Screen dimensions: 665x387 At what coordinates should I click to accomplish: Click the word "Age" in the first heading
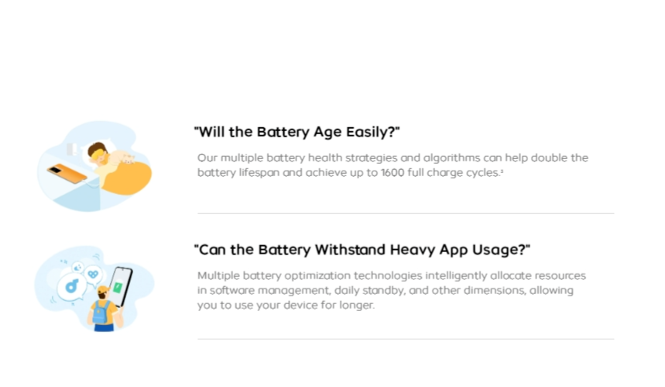pyautogui.click(x=327, y=133)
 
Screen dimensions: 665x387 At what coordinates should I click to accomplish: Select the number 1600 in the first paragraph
pyautogui.click(x=392, y=173)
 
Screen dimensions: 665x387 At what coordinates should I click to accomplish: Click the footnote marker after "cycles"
pyautogui.click(x=502, y=171)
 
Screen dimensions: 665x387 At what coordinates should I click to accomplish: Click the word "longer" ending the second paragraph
pyautogui.click(x=356, y=306)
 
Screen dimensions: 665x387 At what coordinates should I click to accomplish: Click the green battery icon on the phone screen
pyautogui.click(x=118, y=288)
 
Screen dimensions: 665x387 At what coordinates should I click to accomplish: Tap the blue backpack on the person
pyautogui.click(x=100, y=313)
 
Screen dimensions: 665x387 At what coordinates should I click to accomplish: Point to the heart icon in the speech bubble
pyautogui.click(x=93, y=274)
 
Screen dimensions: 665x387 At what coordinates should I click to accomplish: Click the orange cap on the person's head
pyautogui.click(x=103, y=291)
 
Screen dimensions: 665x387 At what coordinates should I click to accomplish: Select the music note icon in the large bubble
pyautogui.click(x=72, y=286)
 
